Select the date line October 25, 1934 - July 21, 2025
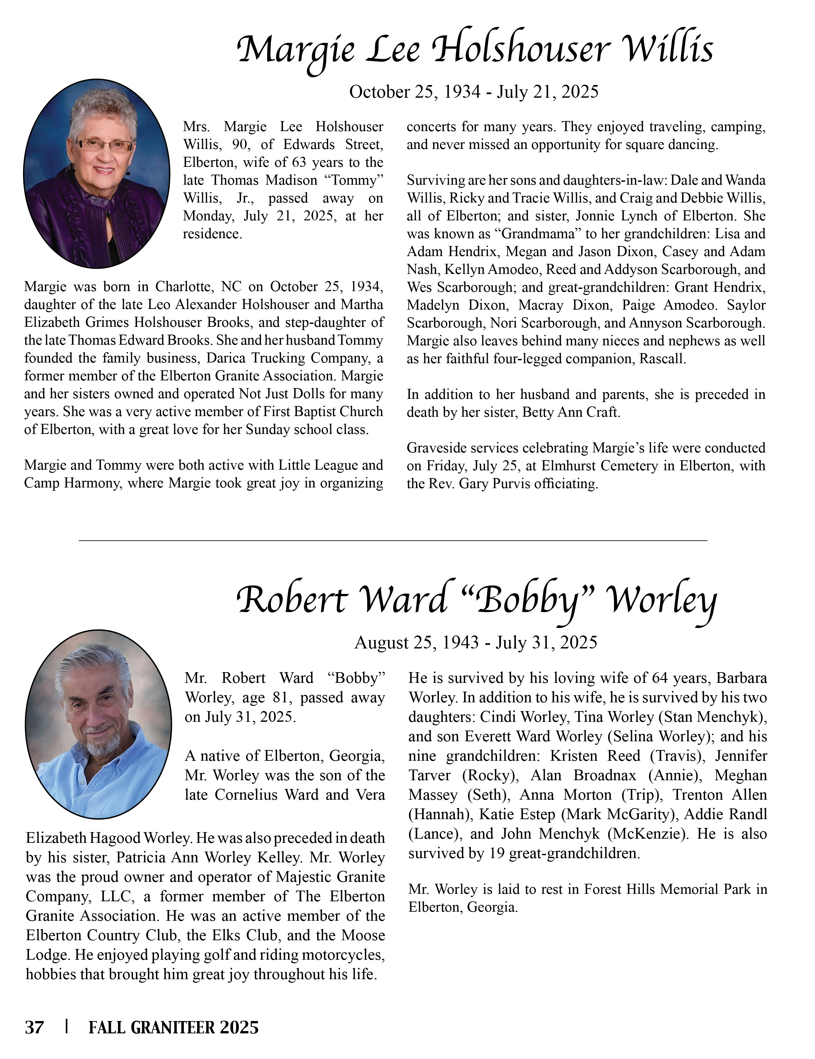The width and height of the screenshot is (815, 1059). coord(473,92)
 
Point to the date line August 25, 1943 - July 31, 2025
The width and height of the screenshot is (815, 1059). coord(476,643)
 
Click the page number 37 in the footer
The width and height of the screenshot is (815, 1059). coord(34,1027)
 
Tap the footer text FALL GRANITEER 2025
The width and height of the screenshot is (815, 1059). coord(174,1027)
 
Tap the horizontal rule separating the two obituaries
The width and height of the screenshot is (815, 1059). coord(392,540)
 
